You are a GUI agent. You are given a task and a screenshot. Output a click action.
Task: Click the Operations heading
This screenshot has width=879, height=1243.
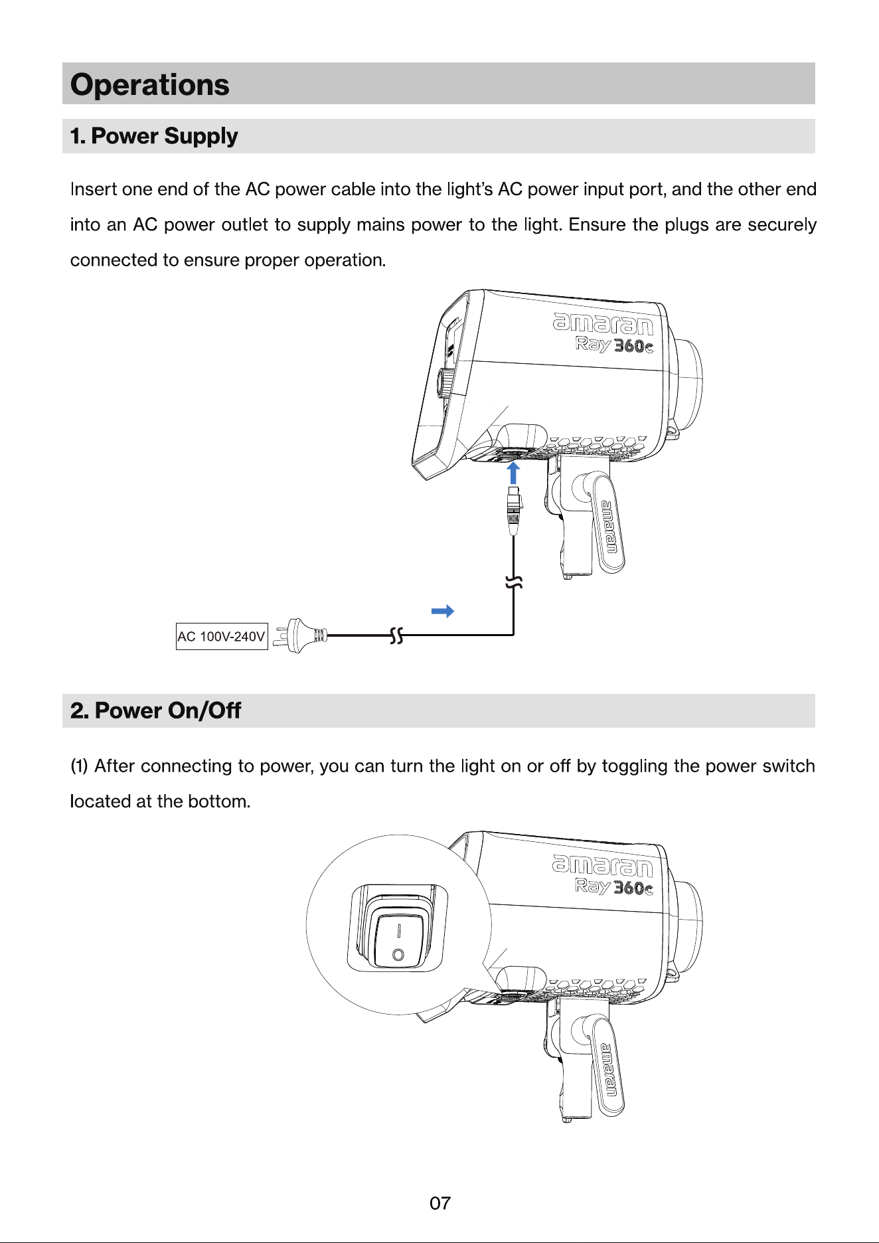click(150, 85)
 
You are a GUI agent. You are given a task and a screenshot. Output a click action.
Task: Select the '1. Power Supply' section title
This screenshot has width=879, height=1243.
click(154, 136)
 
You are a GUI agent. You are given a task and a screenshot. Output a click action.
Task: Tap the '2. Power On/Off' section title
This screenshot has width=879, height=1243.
click(155, 710)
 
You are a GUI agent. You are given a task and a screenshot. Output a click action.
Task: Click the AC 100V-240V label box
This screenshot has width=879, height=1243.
click(222, 636)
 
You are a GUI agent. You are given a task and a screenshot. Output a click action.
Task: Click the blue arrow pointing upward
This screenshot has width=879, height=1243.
click(513, 473)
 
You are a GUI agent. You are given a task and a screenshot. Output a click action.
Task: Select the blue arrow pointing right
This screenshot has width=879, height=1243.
click(443, 611)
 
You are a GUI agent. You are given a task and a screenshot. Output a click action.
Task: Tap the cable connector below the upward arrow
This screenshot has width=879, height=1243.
click(513, 510)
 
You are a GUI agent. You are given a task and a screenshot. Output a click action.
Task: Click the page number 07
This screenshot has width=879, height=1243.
click(440, 1203)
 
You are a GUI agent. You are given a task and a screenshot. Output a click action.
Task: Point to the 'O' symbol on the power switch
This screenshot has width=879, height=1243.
click(398, 955)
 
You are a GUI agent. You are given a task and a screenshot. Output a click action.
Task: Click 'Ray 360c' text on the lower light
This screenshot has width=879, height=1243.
click(614, 887)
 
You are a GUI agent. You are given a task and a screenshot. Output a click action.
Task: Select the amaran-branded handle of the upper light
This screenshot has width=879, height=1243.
click(608, 525)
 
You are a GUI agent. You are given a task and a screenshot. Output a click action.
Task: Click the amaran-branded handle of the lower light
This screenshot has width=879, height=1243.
click(608, 1067)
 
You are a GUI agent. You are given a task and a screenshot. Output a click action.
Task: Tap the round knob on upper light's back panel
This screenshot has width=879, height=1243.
click(445, 384)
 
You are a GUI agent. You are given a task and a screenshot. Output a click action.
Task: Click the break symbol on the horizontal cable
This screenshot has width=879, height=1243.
click(396, 635)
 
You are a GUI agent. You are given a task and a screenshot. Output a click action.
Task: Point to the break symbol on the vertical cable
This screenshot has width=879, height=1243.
click(514, 583)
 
